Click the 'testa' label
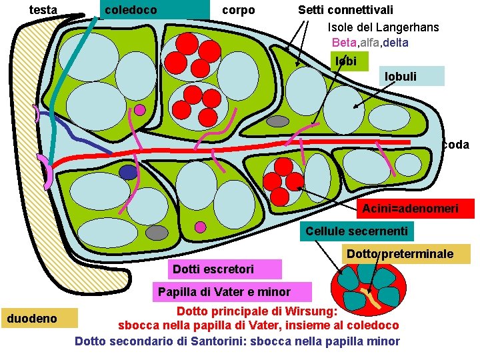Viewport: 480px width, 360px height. pos(44,10)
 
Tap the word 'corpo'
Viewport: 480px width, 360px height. pos(238,10)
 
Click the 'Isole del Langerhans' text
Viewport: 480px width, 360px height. pos(383,27)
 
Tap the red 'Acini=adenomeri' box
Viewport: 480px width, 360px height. pos(410,209)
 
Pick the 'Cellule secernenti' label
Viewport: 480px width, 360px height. pos(356,231)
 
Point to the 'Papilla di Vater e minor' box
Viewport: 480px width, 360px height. pos(223,292)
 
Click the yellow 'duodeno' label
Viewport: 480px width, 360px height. pos(39,318)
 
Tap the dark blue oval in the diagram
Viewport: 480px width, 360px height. pos(128,172)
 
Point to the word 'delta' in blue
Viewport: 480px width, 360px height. pos(394,43)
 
